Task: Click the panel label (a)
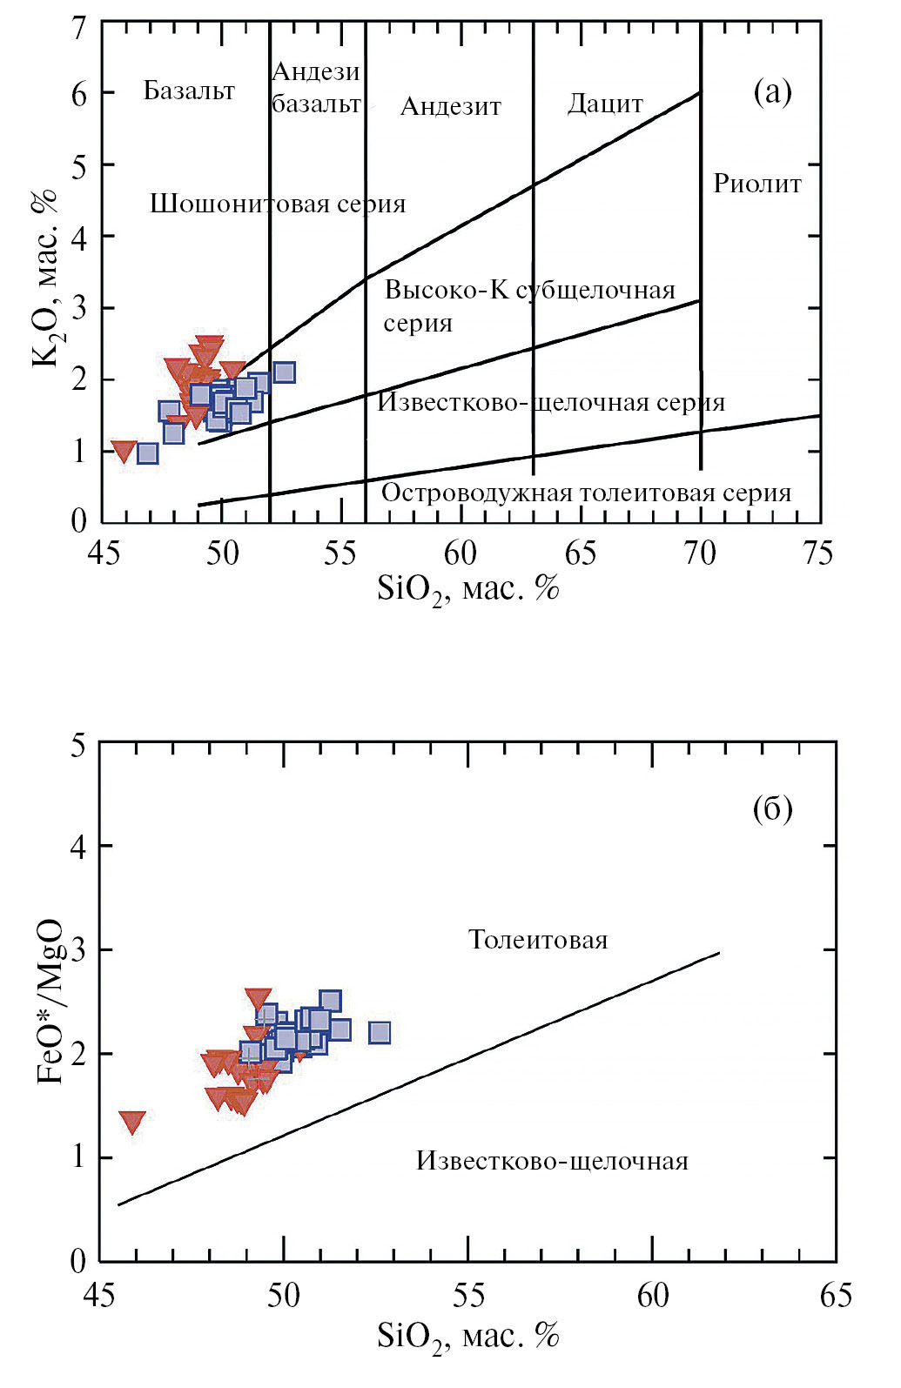[x=772, y=91]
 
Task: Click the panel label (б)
[x=772, y=809]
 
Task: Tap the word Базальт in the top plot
[x=189, y=91]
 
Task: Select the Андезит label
[x=450, y=107]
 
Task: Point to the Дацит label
[x=605, y=104]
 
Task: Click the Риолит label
[x=756, y=184]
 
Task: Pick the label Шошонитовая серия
[x=278, y=204]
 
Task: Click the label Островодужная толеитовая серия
[x=586, y=493]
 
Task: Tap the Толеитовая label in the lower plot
[x=538, y=940]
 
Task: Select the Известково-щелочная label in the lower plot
[x=552, y=1161]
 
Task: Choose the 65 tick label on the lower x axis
[x=835, y=1295]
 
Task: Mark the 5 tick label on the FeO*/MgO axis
[x=79, y=746]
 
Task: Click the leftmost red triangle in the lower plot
[x=132, y=1121]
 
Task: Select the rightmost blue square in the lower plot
[x=380, y=1033]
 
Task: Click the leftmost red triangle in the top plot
[x=124, y=451]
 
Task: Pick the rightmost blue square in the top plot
[x=284, y=372]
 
